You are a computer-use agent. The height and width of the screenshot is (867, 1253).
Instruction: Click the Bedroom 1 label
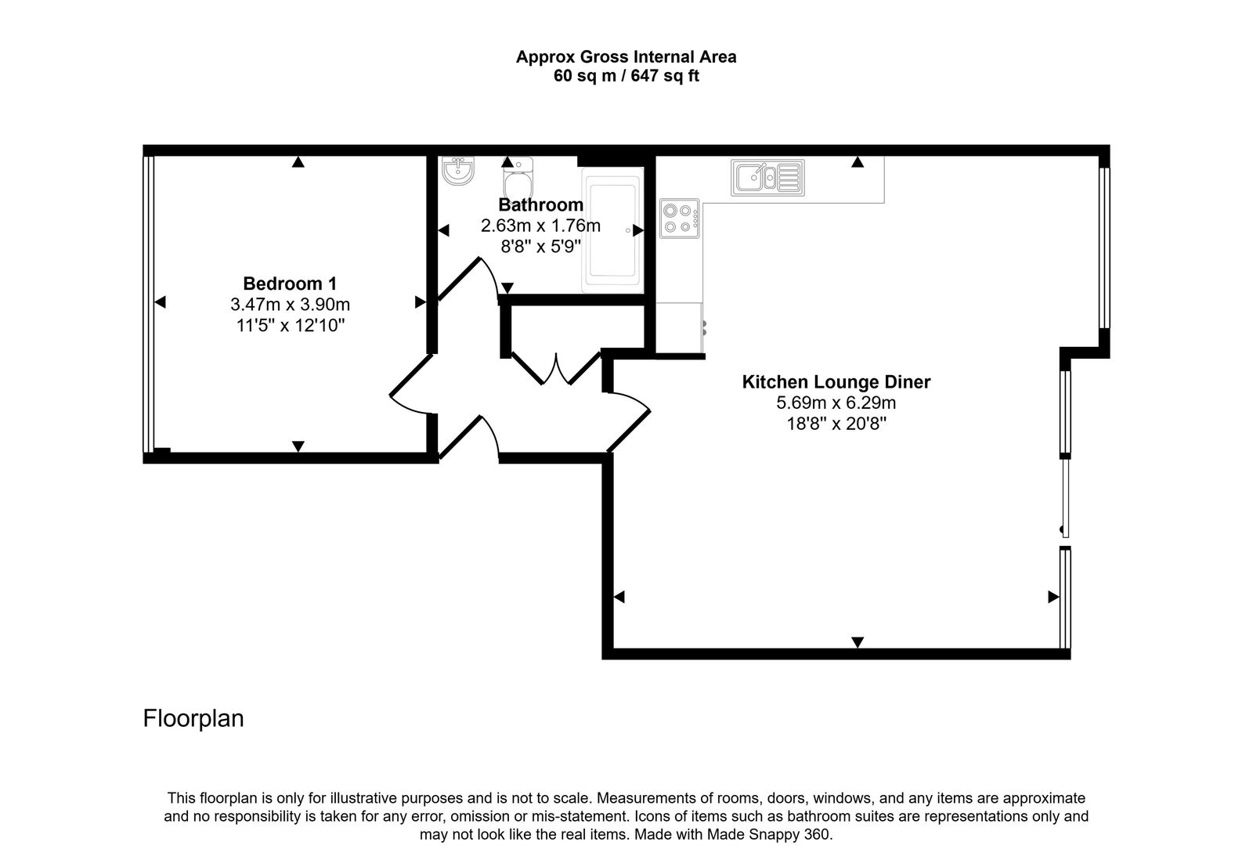[290, 284]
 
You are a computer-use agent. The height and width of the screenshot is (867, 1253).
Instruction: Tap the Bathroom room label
[540, 205]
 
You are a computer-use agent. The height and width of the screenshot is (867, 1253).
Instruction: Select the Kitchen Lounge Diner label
[836, 382]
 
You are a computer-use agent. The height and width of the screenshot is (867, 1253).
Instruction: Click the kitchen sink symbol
[767, 177]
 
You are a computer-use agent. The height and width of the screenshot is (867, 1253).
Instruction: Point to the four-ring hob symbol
[680, 219]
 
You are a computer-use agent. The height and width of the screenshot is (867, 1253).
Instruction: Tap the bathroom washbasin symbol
[458, 171]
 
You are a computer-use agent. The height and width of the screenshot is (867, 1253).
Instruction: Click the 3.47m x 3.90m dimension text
[290, 304]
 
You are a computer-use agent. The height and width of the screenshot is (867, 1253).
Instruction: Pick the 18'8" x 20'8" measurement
[836, 424]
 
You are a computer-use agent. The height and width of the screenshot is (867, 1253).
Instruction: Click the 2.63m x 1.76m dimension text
[540, 226]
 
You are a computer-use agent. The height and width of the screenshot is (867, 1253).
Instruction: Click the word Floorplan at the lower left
[193, 718]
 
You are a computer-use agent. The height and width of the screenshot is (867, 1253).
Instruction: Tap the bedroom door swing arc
[407, 392]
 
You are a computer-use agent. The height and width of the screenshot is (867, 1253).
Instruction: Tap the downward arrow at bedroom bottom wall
[298, 446]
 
